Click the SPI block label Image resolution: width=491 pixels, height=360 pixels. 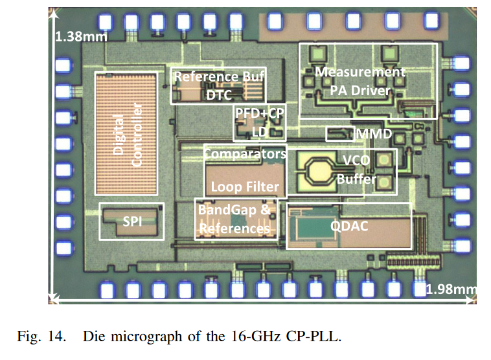pos(132,221)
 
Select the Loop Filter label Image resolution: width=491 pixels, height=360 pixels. pos(245,187)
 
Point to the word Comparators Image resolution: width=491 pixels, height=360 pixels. pos(245,154)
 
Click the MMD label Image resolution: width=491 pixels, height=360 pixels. pos(374,134)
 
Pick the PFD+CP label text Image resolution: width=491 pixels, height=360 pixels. pos(260,113)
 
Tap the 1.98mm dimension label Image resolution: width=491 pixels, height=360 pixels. pos(451,288)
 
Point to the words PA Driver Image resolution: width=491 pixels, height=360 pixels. pos(360,90)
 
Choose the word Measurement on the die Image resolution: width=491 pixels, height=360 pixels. pos(360,72)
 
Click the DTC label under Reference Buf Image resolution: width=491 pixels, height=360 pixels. pos(219,94)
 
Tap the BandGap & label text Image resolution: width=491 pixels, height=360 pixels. pos(233,210)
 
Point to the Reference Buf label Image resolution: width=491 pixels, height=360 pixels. pos(219,76)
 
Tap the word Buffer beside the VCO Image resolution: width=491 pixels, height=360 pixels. pos(356,179)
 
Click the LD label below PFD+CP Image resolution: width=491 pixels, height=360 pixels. pos(257,130)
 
